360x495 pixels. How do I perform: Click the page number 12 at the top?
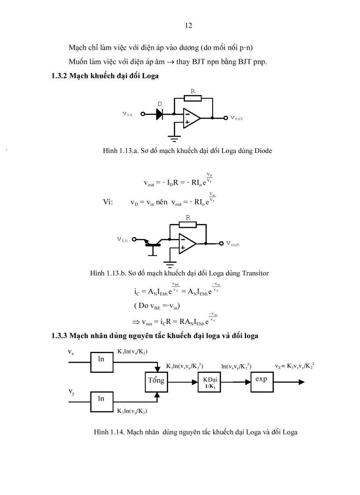188,26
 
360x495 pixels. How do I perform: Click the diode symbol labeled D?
160,114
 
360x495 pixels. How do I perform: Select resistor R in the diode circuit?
193,98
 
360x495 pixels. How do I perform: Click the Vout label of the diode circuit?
236,118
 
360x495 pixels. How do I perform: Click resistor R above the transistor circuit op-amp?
188,224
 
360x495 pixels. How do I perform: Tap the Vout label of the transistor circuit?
232,244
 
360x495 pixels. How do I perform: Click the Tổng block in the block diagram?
156,380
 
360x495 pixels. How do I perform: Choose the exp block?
262,379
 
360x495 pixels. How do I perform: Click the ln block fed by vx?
101,359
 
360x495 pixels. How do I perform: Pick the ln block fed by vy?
101,398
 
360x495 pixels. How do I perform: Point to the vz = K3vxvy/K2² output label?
295,366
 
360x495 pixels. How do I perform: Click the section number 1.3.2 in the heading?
59,76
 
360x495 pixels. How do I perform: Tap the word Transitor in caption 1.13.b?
255,273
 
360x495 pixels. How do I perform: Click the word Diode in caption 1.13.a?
263,151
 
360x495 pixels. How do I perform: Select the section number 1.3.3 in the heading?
59,336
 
